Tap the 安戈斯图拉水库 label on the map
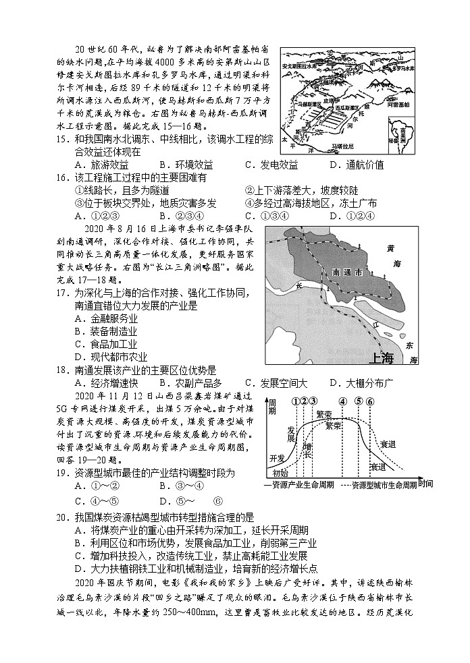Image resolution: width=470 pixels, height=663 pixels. pos(303,66)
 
